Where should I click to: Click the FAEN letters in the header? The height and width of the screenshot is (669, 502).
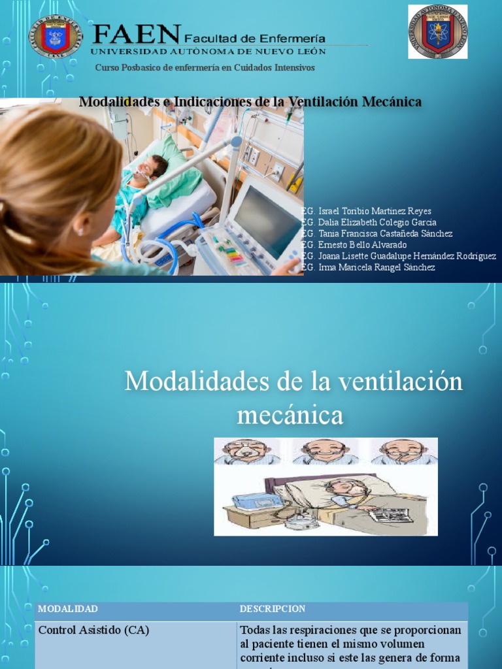tap(136, 33)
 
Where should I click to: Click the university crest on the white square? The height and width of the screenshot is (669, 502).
tap(437, 31)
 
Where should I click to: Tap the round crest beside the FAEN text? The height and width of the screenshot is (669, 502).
tap(56, 36)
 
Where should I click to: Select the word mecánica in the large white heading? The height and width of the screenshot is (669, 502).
tap(290, 414)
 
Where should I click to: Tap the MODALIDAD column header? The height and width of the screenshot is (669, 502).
tap(68, 609)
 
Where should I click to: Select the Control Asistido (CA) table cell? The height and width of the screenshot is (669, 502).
tap(93, 630)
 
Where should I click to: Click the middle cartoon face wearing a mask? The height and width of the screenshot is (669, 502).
tap(325, 450)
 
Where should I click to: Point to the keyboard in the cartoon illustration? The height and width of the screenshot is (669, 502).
tap(389, 515)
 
